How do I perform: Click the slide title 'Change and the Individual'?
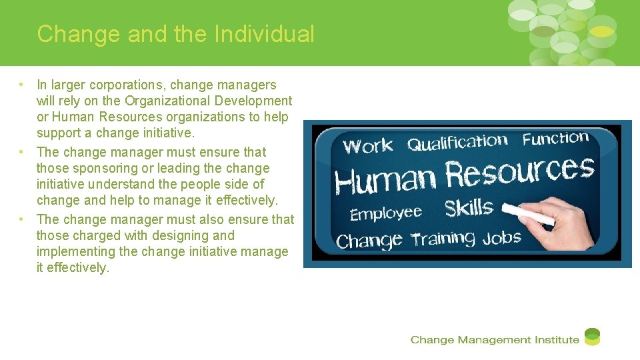175,34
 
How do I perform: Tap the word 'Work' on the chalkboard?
369,147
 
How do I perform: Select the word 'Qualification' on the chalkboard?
457,143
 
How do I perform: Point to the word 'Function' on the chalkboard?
555,139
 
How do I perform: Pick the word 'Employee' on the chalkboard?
386,213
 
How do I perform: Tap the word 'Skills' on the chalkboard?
469,208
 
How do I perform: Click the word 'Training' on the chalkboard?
443,239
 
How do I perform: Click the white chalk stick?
527,215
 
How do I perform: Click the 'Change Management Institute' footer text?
495,340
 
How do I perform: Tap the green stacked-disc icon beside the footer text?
592,337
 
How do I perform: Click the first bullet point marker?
22,85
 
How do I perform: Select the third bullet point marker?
22,219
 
